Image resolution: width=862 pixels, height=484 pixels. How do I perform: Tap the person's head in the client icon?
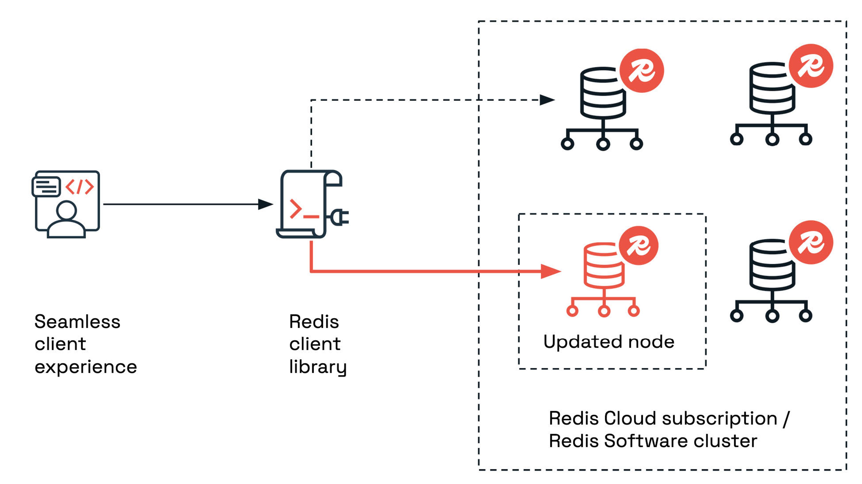(67, 211)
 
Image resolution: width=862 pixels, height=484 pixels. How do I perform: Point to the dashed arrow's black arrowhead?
(547, 100)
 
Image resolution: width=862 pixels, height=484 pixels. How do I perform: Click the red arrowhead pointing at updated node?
(550, 271)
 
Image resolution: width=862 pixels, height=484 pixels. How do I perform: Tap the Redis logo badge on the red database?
(638, 246)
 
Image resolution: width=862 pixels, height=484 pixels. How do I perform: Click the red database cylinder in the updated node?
(603, 266)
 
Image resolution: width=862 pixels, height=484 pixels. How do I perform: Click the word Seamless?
(77, 322)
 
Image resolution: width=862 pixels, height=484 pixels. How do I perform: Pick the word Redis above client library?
(314, 322)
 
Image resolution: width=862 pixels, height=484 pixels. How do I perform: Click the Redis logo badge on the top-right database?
(811, 66)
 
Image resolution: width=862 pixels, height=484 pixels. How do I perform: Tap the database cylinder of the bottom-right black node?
(772, 265)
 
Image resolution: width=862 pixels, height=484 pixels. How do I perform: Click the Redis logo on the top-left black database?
(642, 71)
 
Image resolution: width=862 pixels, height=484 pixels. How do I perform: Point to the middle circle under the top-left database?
(603, 144)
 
